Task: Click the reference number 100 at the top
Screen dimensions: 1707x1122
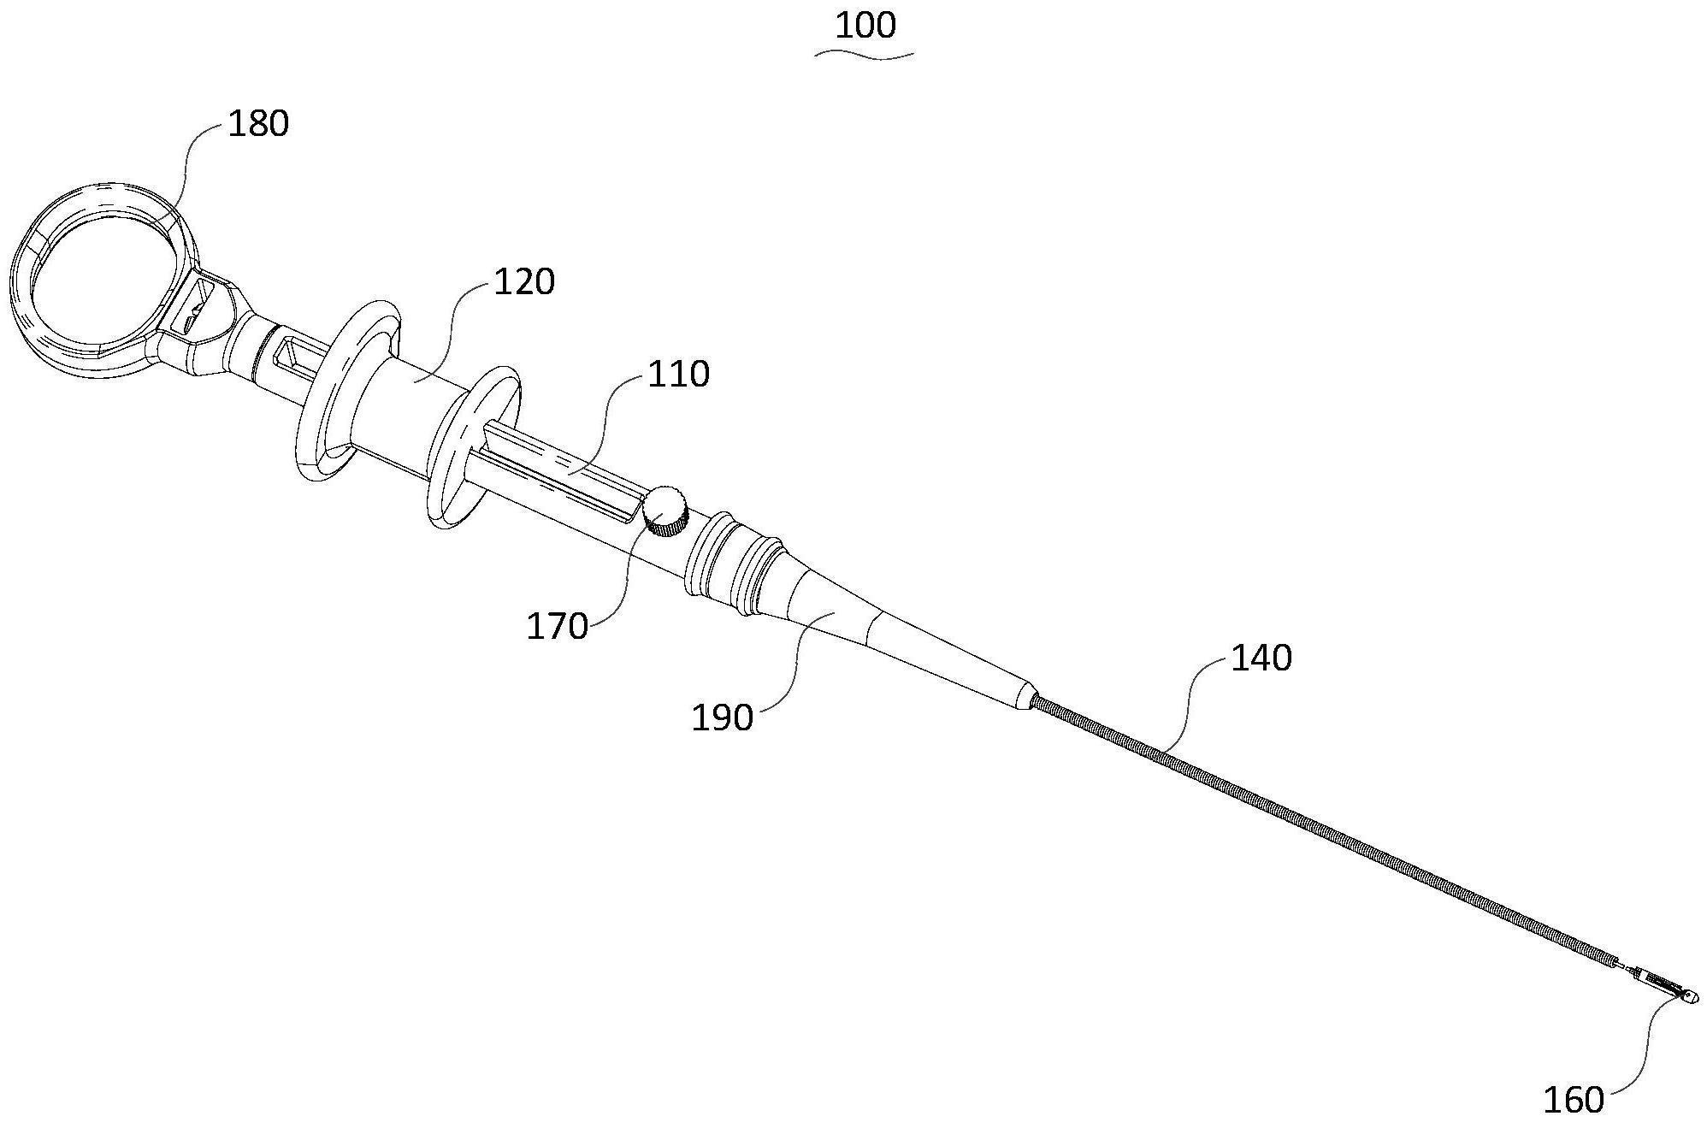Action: click(865, 26)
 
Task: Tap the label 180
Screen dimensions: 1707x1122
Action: click(257, 124)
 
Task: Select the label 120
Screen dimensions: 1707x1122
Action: click(523, 281)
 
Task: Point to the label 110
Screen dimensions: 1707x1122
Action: click(678, 375)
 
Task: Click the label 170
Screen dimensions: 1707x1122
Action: click(557, 627)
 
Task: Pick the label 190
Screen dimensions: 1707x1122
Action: click(722, 717)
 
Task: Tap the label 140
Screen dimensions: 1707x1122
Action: click(1261, 658)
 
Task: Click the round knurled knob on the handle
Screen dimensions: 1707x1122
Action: click(665, 511)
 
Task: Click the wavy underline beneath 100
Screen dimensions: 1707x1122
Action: click(865, 55)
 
